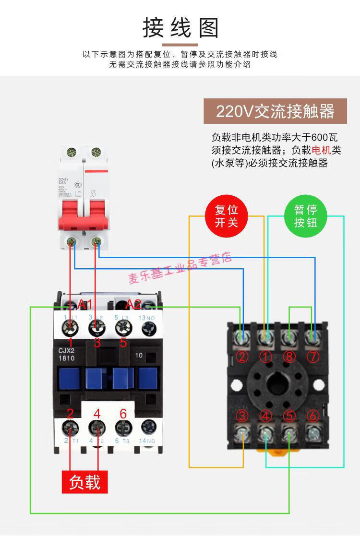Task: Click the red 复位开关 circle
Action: coord(226,216)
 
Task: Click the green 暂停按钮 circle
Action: coord(306,216)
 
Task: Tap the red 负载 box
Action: coord(84,481)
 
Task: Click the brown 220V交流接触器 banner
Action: coord(275,111)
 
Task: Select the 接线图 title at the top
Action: coord(180,28)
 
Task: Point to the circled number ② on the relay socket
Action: coord(242,357)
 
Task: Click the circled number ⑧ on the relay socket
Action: coord(289,357)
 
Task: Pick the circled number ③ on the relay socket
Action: coord(242,416)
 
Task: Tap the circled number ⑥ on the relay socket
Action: coord(312,416)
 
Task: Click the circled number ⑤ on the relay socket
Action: coord(289,416)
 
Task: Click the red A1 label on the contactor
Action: coord(85,304)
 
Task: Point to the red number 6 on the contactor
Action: coord(123,413)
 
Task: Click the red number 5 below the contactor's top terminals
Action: coord(123,343)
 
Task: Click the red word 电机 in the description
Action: coord(321,150)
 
